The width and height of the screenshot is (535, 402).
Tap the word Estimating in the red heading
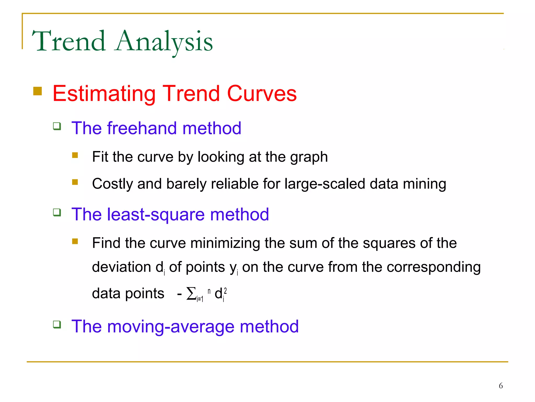tap(104, 94)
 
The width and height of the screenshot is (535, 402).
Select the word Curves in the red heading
tap(262, 93)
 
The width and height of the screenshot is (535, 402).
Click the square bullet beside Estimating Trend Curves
tap(38, 91)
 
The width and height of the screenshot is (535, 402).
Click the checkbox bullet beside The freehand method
tap(57, 126)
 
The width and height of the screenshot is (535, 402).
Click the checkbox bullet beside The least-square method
tap(57, 212)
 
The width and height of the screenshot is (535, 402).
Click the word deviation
tap(121, 267)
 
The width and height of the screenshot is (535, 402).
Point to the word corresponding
tap(433, 267)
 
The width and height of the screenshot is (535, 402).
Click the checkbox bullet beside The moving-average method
tap(57, 325)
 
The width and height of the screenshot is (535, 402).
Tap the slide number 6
tap(501, 386)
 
